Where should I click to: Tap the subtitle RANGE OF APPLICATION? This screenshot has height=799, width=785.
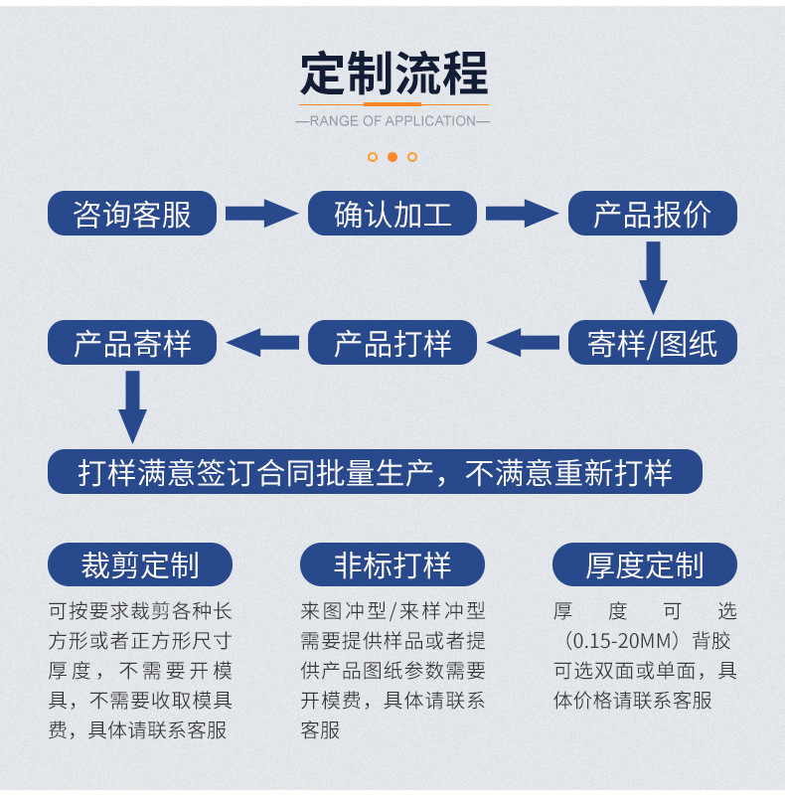click(x=393, y=121)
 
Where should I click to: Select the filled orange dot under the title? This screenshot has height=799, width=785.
click(x=392, y=156)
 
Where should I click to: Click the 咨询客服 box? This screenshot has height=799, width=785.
click(x=132, y=213)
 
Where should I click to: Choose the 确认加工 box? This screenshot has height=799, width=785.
click(x=392, y=213)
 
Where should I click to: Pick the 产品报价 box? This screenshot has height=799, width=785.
click(x=653, y=213)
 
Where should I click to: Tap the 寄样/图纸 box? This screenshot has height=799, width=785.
click(x=653, y=343)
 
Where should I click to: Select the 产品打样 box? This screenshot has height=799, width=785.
click(x=392, y=343)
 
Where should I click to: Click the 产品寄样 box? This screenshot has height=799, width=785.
click(x=132, y=343)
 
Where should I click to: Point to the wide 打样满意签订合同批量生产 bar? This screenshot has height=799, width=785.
click(x=376, y=471)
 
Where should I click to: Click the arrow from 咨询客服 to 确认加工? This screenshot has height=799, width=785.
click(x=261, y=213)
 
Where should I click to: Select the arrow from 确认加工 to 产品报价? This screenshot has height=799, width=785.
click(x=522, y=213)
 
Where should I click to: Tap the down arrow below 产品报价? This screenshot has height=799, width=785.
click(x=653, y=277)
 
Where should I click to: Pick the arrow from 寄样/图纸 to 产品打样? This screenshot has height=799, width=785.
click(x=523, y=343)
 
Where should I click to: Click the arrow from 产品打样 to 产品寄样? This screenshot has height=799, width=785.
click(x=262, y=343)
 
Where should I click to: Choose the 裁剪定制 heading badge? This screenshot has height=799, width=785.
click(x=140, y=564)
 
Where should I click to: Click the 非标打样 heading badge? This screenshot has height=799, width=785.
click(x=392, y=564)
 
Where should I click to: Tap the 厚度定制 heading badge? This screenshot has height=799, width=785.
click(x=645, y=564)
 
